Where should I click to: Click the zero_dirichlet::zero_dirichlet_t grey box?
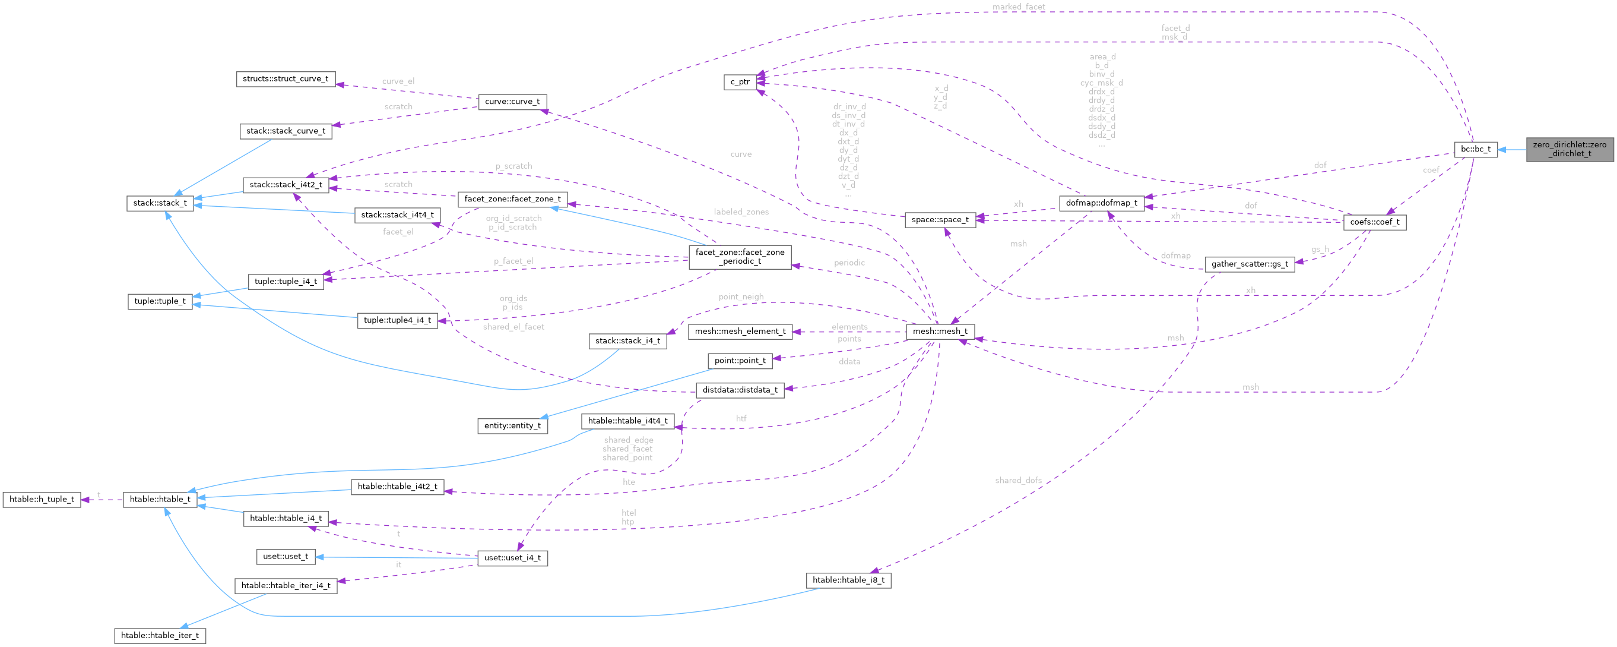1570,149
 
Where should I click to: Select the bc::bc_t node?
1475,149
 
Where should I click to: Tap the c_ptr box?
740,81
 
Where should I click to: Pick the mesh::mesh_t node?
940,331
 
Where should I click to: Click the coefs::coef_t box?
1374,222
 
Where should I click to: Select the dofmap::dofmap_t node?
1101,203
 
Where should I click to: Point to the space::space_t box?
940,219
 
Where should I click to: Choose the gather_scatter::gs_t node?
1249,264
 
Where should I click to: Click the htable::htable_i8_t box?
848,580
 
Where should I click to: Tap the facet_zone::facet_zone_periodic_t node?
740,256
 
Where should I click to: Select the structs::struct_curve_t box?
286,78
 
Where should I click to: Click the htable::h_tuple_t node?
42,500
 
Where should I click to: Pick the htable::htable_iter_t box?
160,635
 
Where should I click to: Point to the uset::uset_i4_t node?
512,558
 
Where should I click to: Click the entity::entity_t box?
512,425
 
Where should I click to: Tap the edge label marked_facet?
1018,7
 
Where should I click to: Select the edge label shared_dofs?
1017,481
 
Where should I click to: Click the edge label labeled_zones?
741,212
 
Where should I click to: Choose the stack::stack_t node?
160,203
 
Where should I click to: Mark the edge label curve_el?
398,81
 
